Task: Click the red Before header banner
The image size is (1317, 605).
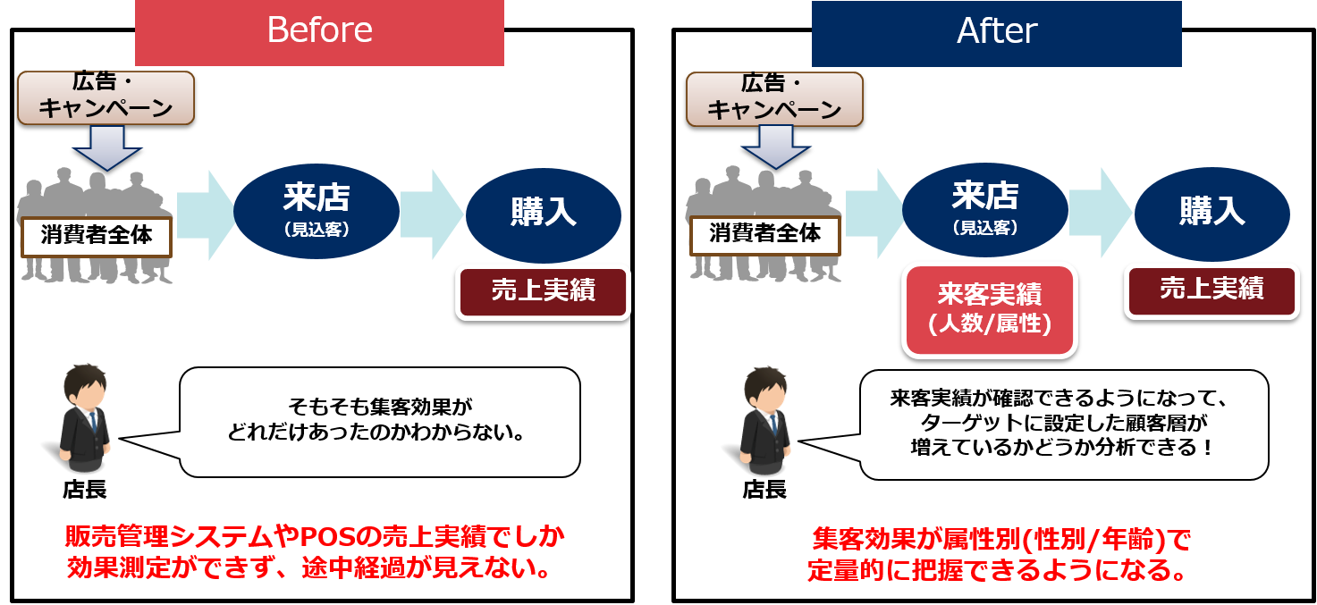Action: (x=319, y=32)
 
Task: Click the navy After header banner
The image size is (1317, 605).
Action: (x=996, y=32)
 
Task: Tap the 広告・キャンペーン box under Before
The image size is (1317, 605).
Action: (x=106, y=97)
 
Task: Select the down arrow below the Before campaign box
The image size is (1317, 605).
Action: (x=106, y=147)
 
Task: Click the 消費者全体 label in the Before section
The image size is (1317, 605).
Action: (x=96, y=236)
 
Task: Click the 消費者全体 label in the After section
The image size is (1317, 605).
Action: (x=764, y=235)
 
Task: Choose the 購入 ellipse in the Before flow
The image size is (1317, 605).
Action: (x=544, y=213)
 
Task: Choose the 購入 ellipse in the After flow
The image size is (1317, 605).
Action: (x=1212, y=213)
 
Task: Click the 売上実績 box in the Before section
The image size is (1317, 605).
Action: (x=544, y=291)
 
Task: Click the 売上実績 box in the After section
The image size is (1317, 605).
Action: (x=1211, y=290)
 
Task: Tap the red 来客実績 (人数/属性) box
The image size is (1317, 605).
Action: (x=989, y=309)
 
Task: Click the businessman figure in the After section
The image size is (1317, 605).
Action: (x=765, y=419)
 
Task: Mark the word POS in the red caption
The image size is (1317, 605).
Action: (x=325, y=537)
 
